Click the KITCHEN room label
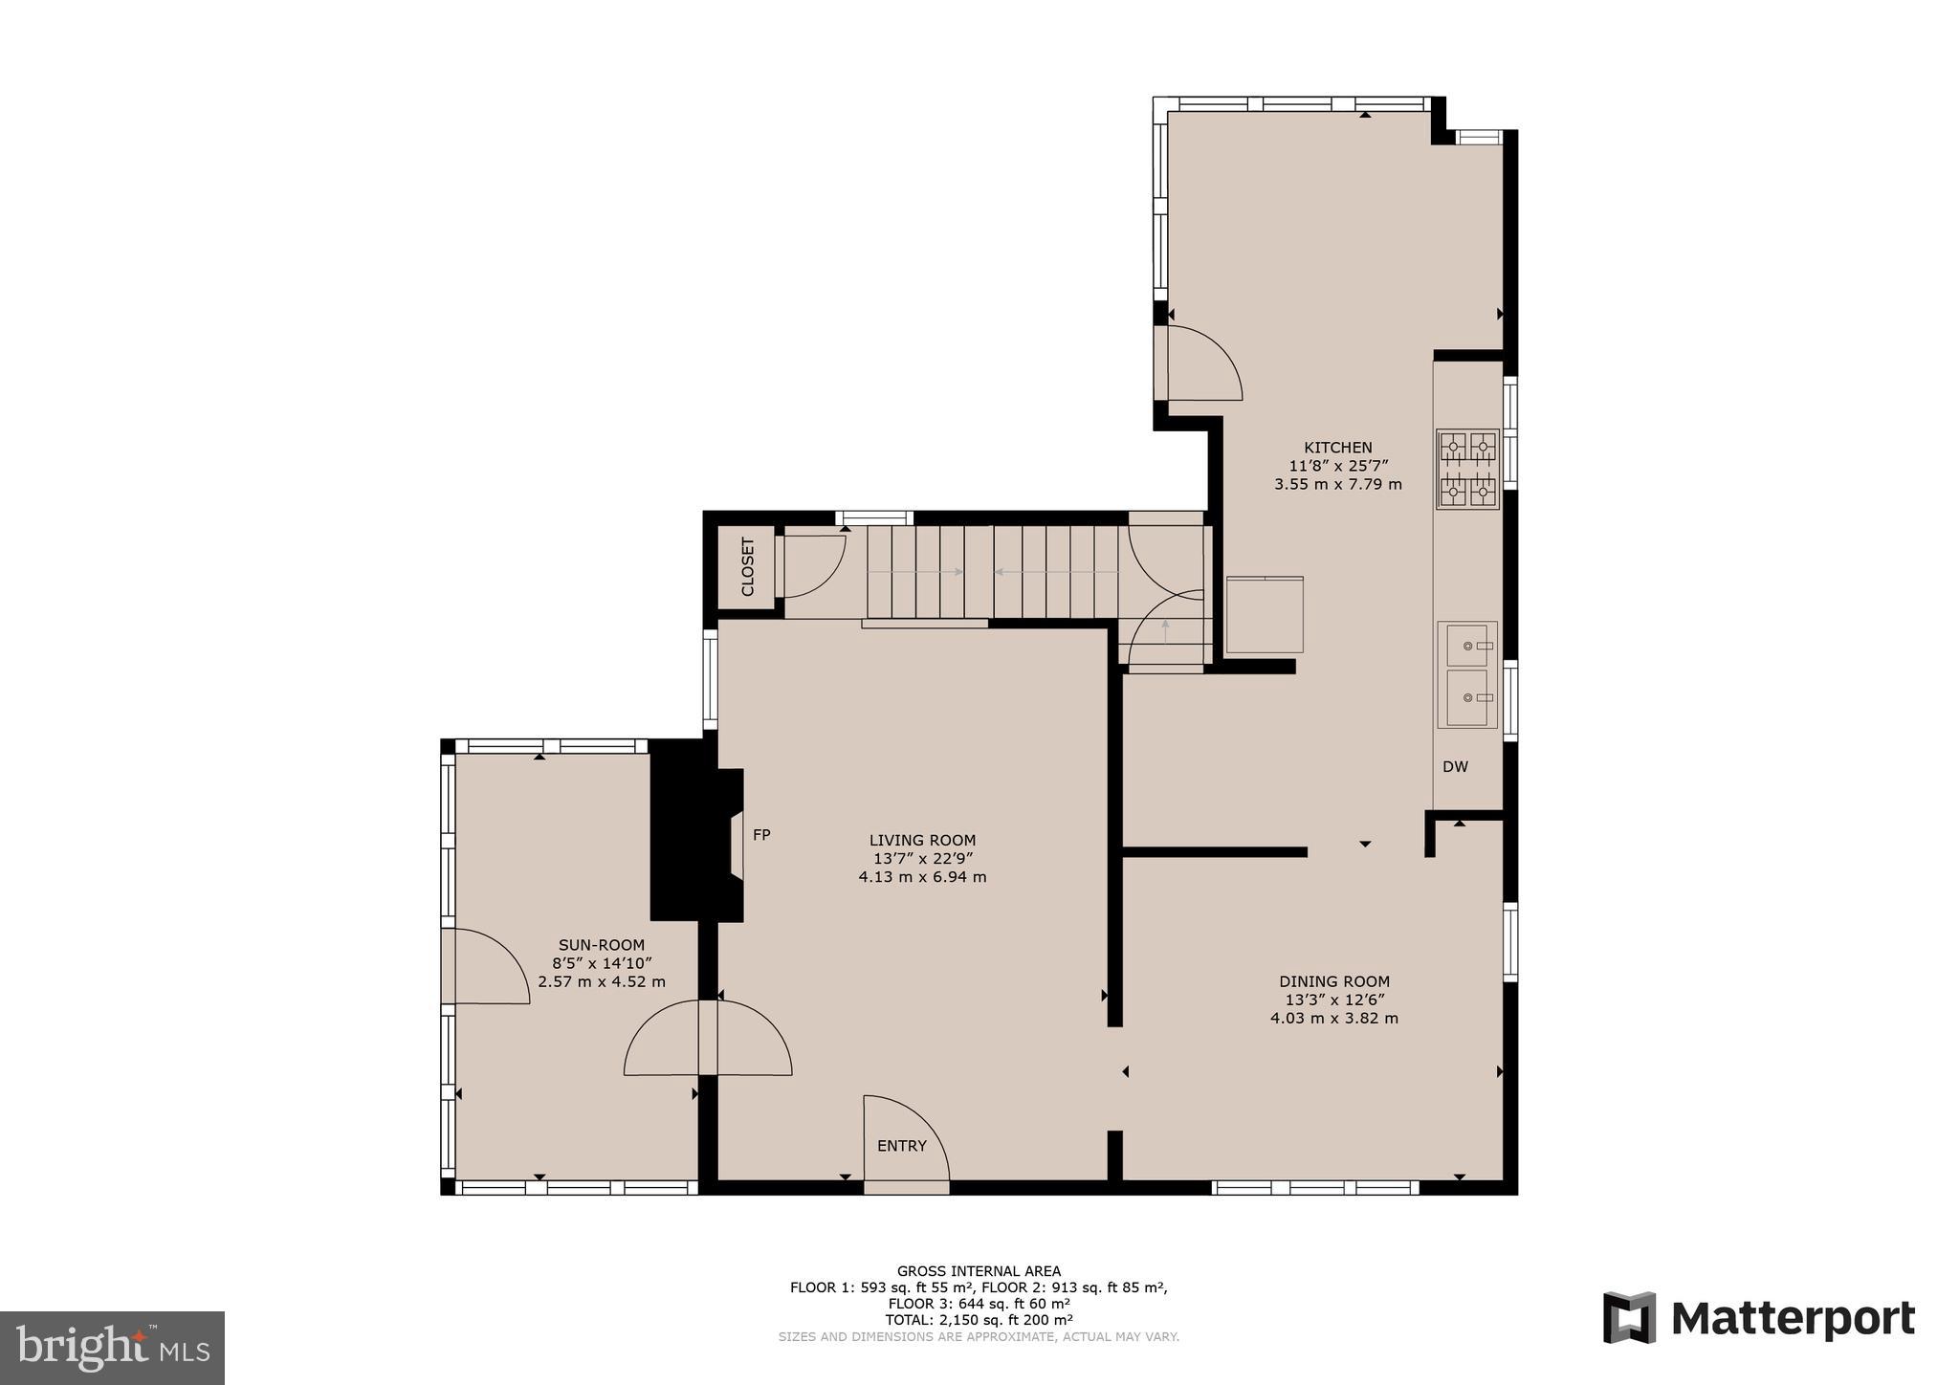[1337, 448]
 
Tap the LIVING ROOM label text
[922, 841]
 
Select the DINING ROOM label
[1333, 981]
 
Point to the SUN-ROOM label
[602, 945]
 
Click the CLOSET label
[747, 567]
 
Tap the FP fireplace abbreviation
[761, 835]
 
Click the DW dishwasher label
[1455, 767]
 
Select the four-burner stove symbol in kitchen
[1467, 469]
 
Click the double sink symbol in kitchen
[1467, 674]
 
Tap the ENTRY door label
[901, 1146]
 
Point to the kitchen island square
[1265, 615]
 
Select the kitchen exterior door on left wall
[1202, 363]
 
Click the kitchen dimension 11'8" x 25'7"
[1337, 466]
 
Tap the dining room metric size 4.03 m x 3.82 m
[1333, 1019]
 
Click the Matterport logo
[1758, 1318]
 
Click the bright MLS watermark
[112, 1348]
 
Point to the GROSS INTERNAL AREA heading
[978, 1271]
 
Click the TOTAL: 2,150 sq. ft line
[978, 1320]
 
